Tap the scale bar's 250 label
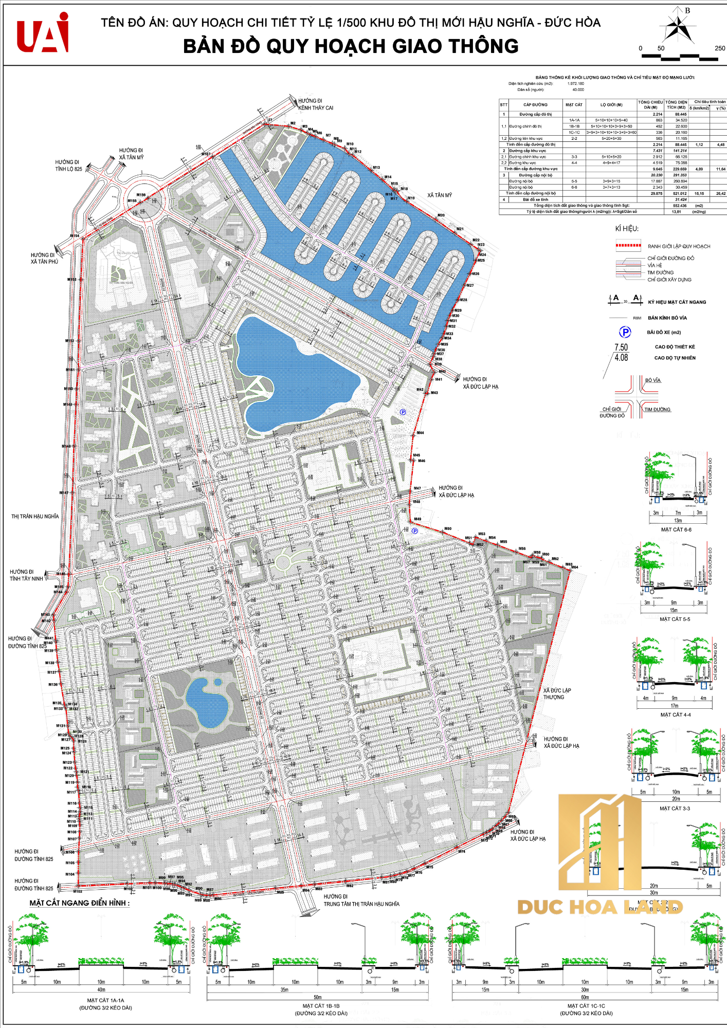coord(719,48)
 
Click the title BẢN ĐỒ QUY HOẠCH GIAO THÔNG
coord(351,46)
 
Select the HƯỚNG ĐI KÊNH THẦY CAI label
coord(315,104)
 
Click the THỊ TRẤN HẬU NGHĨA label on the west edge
coord(35,516)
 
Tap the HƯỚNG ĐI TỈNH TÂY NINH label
coord(26,575)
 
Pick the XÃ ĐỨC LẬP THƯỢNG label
coord(557,694)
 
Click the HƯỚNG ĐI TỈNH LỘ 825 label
coord(68,166)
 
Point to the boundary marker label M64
coord(575,567)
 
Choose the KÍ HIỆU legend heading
coord(627,229)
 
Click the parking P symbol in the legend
coord(625,332)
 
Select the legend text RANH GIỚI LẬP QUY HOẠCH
coord(679,246)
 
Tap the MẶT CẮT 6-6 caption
coord(676,529)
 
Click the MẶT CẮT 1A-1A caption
coord(105,1000)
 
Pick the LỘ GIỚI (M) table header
coord(611,105)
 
